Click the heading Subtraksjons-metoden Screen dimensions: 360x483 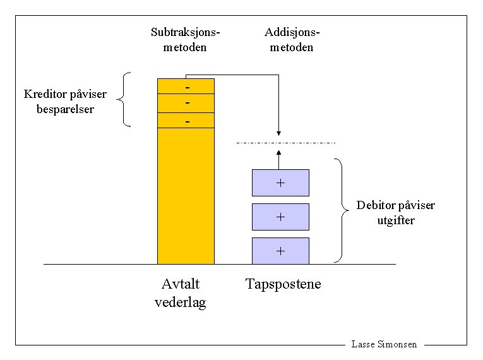(186, 40)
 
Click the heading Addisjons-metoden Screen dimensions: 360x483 (292, 40)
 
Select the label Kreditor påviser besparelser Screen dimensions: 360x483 (66, 102)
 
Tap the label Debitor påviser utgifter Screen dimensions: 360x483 (396, 213)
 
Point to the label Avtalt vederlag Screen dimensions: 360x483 (181, 293)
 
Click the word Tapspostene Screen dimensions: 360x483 (283, 284)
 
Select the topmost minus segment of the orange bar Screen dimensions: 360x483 (186, 86)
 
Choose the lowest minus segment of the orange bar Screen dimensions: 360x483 (186, 120)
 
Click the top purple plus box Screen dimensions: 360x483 (280, 183)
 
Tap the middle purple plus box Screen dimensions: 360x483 (280, 217)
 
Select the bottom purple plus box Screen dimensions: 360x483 (280, 251)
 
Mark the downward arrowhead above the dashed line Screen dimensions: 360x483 (278, 133)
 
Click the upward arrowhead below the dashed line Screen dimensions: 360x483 (278, 152)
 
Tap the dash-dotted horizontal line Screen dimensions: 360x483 (316, 143)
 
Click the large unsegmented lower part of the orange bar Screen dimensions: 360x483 (186, 196)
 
